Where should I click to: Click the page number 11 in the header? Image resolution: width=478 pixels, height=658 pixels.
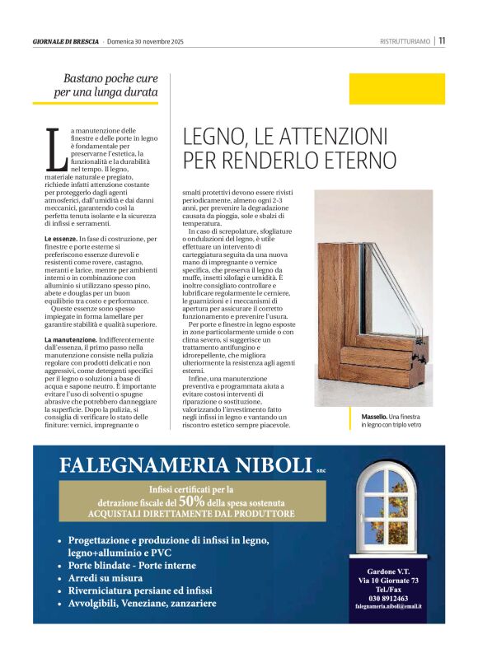tap(442, 40)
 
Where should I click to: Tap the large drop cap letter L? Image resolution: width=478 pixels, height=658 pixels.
tap(55, 151)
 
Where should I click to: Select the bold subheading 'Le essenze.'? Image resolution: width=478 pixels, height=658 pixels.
tap(62, 238)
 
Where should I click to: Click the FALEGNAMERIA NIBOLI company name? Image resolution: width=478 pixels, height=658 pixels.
tap(185, 465)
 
